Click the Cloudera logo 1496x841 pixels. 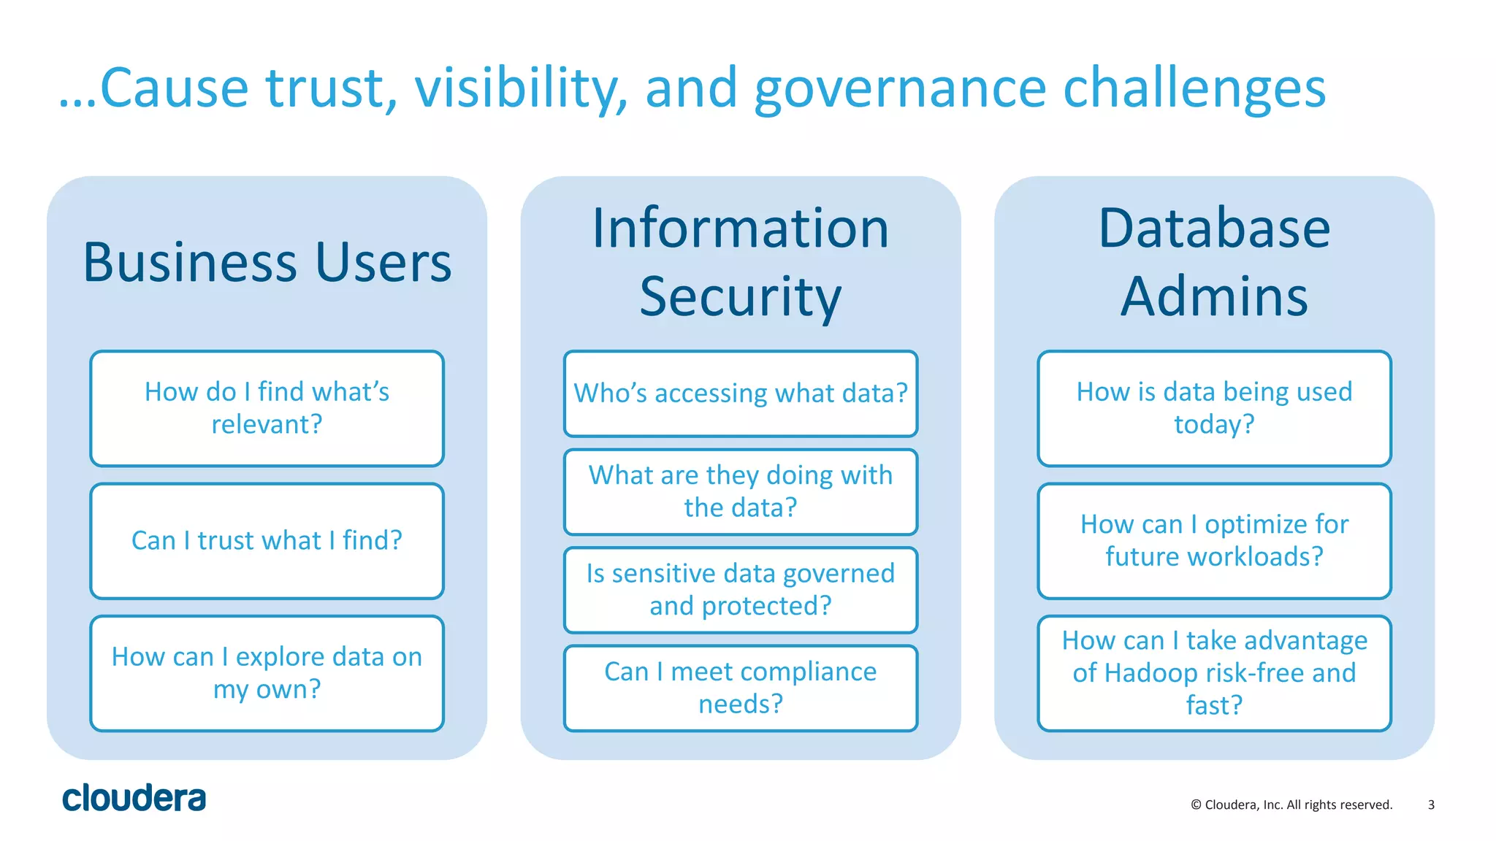tap(134, 798)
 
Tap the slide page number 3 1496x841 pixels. tap(1431, 804)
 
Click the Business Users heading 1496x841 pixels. tap(267, 263)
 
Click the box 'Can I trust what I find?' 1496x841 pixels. tap(267, 541)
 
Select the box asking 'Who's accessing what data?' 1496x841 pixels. tap(740, 393)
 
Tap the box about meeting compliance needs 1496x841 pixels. tap(740, 688)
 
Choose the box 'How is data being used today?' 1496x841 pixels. tap(1214, 408)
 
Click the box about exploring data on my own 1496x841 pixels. tap(267, 673)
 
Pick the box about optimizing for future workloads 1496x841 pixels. tap(1214, 541)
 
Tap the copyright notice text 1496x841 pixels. tap(1291, 804)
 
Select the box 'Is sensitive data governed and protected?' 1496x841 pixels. tap(740, 590)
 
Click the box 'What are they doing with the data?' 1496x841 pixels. tap(740, 491)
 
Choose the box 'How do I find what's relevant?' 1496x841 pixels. tap(267, 408)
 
